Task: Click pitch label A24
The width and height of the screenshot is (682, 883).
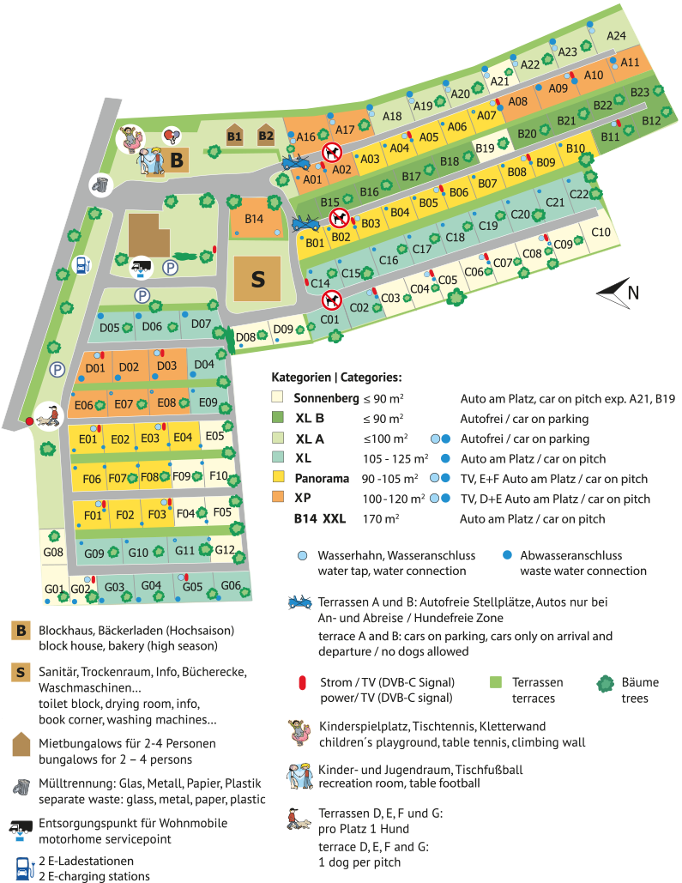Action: (616, 36)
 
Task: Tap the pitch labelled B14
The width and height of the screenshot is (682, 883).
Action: (254, 219)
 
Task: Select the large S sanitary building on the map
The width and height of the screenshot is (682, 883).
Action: (257, 278)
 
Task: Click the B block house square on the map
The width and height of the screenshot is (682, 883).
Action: (178, 160)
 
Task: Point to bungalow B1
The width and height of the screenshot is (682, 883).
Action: (234, 136)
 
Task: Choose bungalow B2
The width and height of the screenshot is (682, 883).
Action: (266, 135)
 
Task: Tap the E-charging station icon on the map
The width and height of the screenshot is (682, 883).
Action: (81, 265)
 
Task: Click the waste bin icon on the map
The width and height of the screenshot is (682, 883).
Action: (102, 184)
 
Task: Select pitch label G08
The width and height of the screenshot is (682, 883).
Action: (54, 553)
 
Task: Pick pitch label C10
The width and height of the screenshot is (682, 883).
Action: (601, 233)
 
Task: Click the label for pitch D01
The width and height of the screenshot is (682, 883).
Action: (94, 368)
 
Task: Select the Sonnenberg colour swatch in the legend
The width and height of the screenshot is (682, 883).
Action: (277, 398)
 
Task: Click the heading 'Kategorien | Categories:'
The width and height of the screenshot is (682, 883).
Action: (336, 378)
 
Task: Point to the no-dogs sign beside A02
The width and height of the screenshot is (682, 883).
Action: (332, 153)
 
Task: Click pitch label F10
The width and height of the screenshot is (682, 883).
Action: (218, 475)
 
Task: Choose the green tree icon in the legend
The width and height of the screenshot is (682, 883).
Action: (607, 683)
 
